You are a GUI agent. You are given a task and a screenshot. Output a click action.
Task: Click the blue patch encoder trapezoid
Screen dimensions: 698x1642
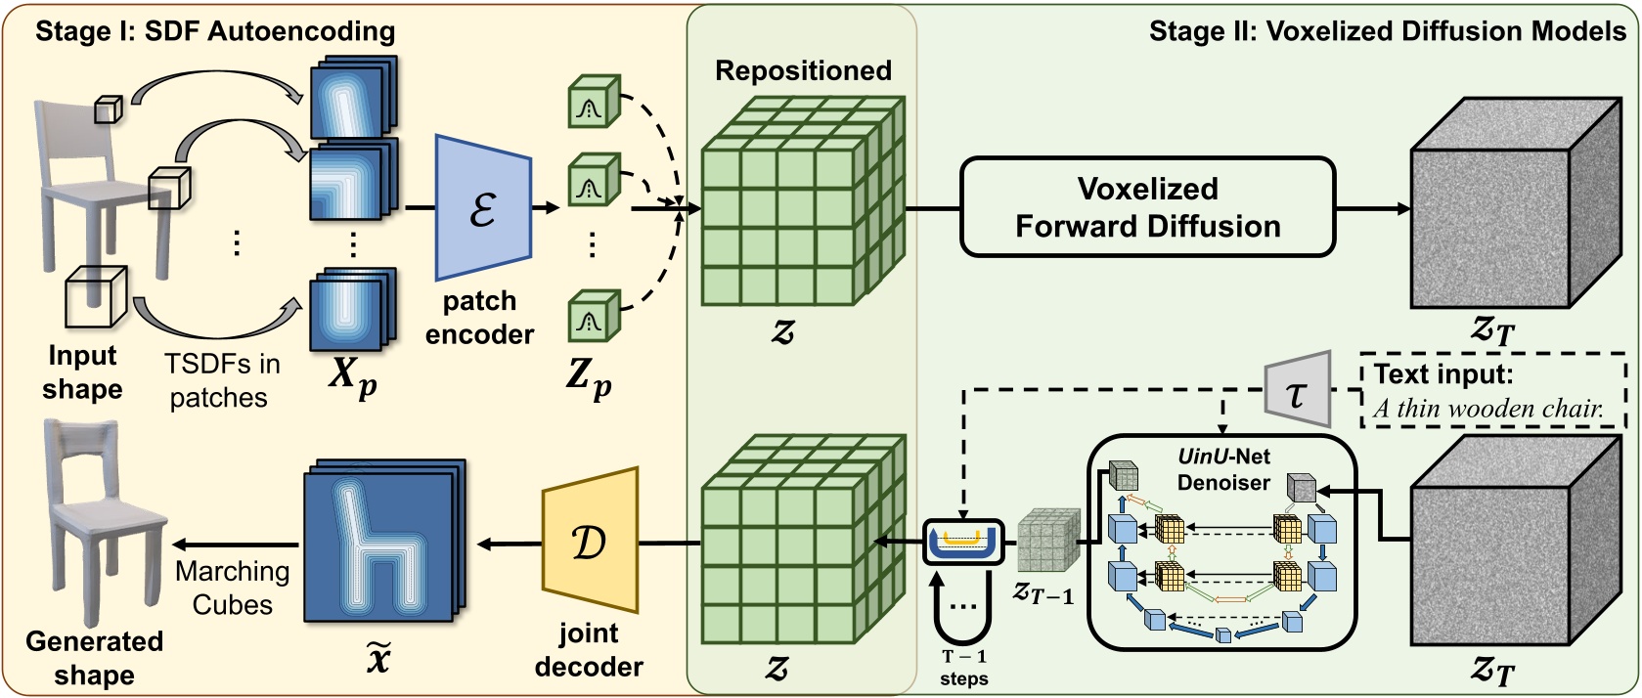(x=482, y=207)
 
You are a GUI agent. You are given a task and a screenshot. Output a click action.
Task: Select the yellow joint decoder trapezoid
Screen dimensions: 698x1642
(x=590, y=541)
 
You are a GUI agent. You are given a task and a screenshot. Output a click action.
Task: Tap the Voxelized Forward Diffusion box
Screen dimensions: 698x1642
(x=1147, y=207)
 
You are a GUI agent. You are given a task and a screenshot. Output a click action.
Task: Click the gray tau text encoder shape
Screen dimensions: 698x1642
(x=1299, y=390)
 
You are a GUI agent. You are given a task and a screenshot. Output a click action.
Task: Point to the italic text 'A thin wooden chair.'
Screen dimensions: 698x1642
(x=1487, y=409)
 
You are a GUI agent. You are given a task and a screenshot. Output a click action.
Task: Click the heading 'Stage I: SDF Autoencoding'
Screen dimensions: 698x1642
(x=215, y=31)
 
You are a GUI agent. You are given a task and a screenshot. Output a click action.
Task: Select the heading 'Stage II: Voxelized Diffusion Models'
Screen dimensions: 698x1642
(x=1387, y=31)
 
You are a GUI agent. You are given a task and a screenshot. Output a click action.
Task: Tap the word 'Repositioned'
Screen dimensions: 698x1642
(x=803, y=70)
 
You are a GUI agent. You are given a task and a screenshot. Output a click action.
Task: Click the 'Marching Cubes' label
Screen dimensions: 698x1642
(x=233, y=588)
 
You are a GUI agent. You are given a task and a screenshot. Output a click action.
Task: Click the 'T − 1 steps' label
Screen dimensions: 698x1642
(x=963, y=668)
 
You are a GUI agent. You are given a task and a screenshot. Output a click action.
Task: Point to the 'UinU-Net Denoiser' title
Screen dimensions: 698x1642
(x=1222, y=469)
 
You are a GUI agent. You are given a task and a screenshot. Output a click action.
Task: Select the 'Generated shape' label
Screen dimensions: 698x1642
(x=94, y=658)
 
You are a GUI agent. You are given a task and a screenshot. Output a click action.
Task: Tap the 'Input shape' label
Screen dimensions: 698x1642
(x=82, y=371)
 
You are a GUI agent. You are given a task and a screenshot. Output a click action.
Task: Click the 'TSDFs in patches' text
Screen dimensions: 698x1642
(x=221, y=380)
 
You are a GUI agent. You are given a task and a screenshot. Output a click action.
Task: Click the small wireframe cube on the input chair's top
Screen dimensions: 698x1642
(x=108, y=109)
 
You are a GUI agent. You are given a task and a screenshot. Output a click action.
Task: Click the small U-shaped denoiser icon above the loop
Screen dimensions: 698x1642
(x=963, y=542)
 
